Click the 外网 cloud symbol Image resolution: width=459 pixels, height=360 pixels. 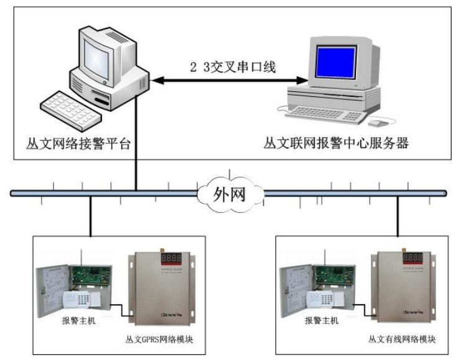coord(229,194)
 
